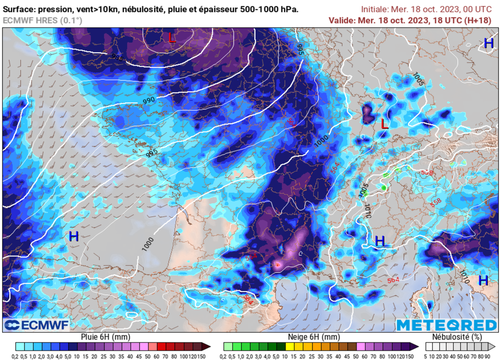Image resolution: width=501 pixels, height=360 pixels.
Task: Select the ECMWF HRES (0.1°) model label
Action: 42,20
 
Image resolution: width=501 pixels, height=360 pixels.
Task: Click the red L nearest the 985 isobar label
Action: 171,37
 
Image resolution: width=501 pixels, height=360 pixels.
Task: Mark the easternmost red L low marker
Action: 385,124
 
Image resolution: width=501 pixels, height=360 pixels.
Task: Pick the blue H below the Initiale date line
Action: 488,43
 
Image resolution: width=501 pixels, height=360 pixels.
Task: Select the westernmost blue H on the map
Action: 74,237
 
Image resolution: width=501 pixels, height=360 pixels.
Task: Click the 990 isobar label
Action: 149,100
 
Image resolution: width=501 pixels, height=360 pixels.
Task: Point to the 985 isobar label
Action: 118,58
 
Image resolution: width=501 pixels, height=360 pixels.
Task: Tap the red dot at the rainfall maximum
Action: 277,264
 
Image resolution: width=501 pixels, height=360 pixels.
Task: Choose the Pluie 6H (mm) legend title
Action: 105,337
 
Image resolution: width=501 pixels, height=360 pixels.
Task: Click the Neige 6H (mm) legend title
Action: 313,337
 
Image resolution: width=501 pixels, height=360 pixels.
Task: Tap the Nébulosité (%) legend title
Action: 457,337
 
